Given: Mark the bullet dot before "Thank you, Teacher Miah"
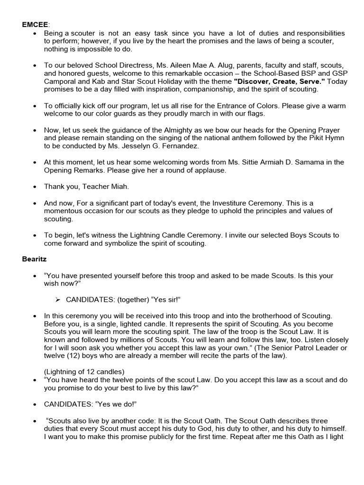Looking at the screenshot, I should click(x=36, y=187).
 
